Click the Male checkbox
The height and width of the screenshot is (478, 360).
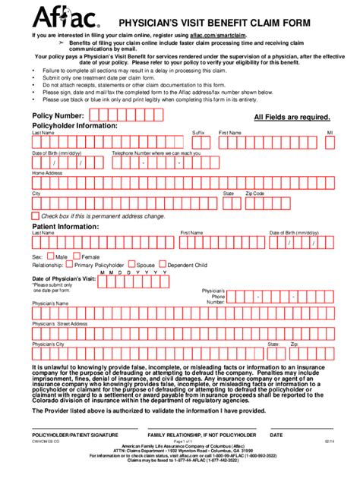click(x=51, y=256)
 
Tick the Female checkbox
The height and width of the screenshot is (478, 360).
click(x=77, y=256)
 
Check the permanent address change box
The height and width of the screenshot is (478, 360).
click(x=35, y=216)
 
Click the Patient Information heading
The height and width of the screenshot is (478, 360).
click(x=67, y=225)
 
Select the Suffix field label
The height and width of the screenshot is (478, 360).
click(x=198, y=132)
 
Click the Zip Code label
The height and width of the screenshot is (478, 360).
click(x=254, y=193)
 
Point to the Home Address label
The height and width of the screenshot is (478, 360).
click(x=47, y=173)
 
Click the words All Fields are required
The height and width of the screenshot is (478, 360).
click(x=292, y=118)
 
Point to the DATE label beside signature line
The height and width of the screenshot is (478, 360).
click(x=276, y=435)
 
